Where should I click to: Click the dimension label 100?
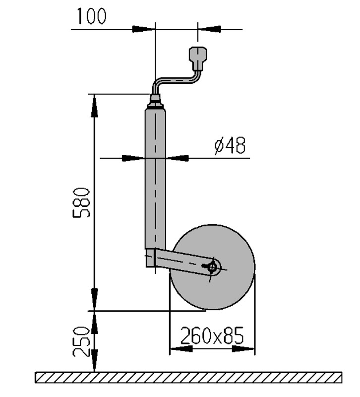tap(91, 16)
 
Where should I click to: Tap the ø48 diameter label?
tap(230, 146)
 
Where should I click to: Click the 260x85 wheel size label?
tap(212, 336)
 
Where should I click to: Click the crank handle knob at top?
tap(198, 58)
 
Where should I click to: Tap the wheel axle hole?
tap(213, 267)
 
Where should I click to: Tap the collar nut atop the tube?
tap(155, 103)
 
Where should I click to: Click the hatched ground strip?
tap(188, 378)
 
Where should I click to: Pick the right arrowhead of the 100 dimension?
tap(209, 29)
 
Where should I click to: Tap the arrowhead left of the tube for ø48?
tap(133, 158)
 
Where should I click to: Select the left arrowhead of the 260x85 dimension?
tap(181, 349)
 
